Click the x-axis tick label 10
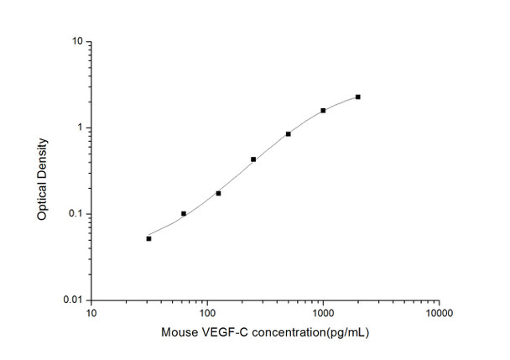coord(91,314)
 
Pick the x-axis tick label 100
coord(207,314)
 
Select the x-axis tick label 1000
coord(323,314)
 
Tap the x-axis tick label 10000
coord(439,314)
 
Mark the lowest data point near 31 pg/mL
coord(148,238)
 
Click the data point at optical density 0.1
coord(184,214)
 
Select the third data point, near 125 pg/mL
coord(218,193)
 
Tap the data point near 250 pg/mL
coord(253,159)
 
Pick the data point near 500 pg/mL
coord(289,133)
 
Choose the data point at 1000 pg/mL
coord(323,111)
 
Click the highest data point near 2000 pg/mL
coord(358,97)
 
